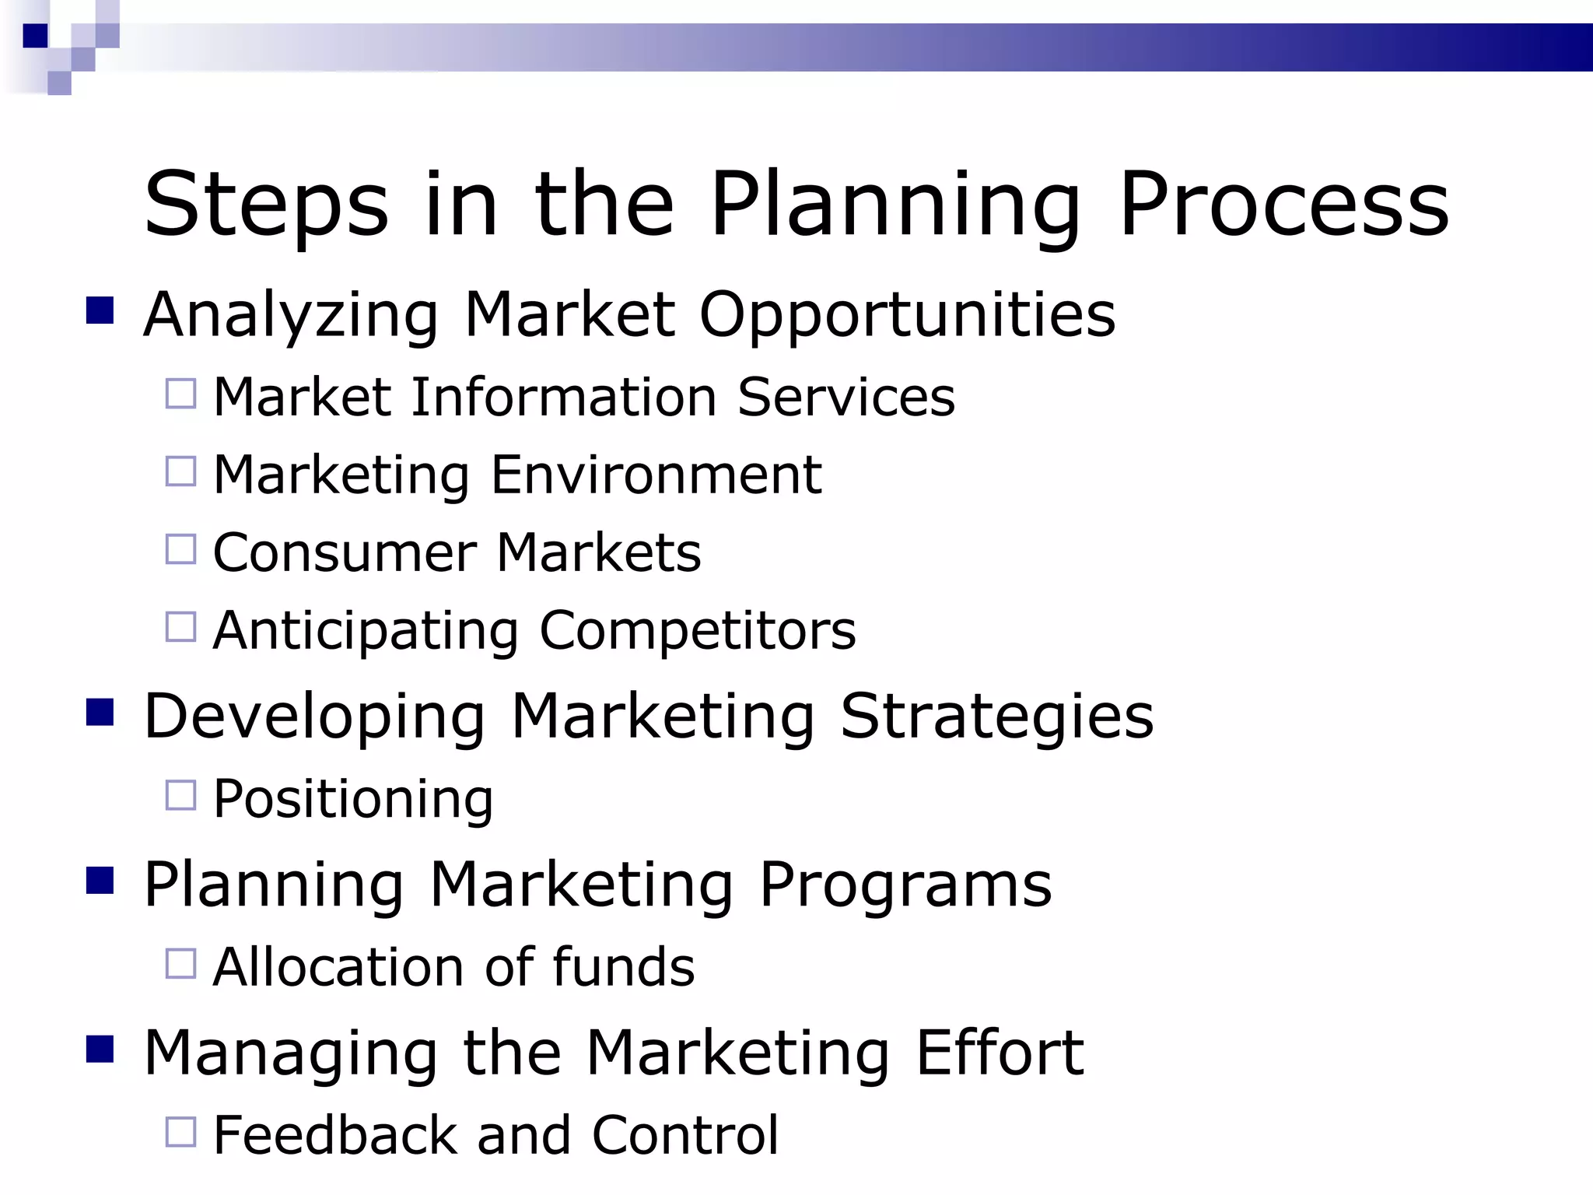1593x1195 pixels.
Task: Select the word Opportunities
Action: pyautogui.click(x=907, y=314)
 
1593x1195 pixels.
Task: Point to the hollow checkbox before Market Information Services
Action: pyautogui.click(x=180, y=394)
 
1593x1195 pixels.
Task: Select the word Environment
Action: pyautogui.click(x=656, y=475)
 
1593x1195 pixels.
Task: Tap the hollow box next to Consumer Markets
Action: pyautogui.click(x=180, y=549)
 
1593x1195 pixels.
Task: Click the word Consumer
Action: pyautogui.click(x=345, y=552)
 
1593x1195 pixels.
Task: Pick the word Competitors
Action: pyautogui.click(x=698, y=630)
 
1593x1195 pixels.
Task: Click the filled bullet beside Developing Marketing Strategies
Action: pyautogui.click(x=100, y=712)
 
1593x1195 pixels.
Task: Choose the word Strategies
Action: pyautogui.click(x=996, y=716)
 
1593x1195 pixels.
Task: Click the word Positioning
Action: pyautogui.click(x=353, y=799)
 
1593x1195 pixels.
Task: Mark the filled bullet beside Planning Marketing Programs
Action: pyautogui.click(x=100, y=881)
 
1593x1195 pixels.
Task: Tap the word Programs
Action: pyautogui.click(x=905, y=885)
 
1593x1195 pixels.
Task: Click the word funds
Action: pyautogui.click(x=623, y=967)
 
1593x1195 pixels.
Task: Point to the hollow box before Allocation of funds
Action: pyautogui.click(x=180, y=964)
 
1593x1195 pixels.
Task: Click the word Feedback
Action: pyautogui.click(x=335, y=1135)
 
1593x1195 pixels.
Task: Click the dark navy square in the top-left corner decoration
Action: pyautogui.click(x=35, y=36)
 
